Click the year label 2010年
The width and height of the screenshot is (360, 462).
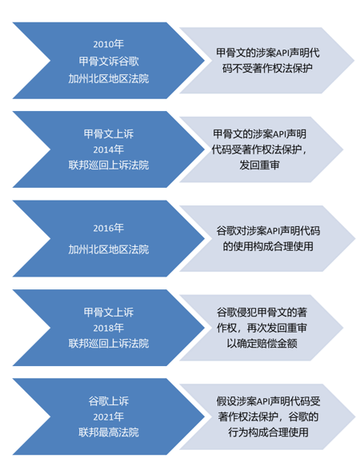(x=109, y=44)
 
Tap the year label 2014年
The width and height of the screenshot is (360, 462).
(x=109, y=149)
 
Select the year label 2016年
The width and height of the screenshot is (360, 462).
(x=109, y=228)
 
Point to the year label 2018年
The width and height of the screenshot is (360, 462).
(x=109, y=328)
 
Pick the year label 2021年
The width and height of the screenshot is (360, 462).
(x=109, y=417)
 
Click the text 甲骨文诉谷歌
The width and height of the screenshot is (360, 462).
(x=109, y=62)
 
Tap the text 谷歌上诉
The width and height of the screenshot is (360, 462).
(x=109, y=401)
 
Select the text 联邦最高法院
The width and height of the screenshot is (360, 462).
(x=109, y=432)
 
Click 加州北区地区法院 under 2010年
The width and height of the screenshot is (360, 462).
(x=109, y=78)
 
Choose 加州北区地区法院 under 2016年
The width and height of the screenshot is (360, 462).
(x=109, y=249)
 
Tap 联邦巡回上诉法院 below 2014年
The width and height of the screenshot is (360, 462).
(x=109, y=165)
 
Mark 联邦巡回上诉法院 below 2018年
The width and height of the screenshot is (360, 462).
(x=109, y=343)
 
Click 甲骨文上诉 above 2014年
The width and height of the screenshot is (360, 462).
(x=109, y=134)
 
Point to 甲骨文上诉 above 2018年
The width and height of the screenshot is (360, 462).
(x=109, y=313)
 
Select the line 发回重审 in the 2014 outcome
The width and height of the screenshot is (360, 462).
(x=259, y=165)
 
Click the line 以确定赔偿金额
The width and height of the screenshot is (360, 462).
(x=262, y=343)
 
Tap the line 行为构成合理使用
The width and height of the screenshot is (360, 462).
(x=268, y=432)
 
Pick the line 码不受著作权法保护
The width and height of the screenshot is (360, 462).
(x=267, y=69)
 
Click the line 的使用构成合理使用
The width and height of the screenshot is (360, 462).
(x=268, y=246)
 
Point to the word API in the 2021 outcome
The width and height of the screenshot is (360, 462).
(x=263, y=401)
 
